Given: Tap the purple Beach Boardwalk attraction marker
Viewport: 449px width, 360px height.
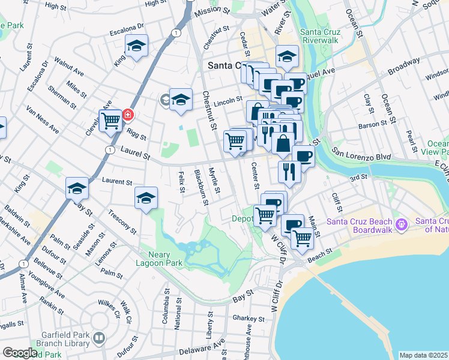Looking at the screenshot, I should pos(401,226).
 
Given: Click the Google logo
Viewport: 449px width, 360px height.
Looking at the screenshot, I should pos(19,353).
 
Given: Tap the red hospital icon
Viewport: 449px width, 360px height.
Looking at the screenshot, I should pos(127,114).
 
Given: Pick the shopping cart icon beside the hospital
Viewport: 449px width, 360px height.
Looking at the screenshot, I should pos(110,121).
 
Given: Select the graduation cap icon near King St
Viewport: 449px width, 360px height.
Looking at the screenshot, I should pos(136,46).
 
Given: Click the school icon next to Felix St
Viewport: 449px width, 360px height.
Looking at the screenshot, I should pos(146,198).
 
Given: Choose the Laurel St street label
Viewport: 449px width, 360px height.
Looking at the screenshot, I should pos(136,154).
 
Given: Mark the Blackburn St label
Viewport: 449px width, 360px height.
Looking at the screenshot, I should pos(201,187).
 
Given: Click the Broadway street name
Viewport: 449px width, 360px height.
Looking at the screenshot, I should pos(403,65).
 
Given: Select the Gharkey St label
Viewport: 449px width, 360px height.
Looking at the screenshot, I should pos(249,319).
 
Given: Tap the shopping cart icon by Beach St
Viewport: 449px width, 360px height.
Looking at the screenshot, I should pos(302,238).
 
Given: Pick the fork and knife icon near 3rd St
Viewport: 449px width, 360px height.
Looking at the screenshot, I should pos(289,172).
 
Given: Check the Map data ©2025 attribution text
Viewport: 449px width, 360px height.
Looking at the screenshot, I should pos(423,355).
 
